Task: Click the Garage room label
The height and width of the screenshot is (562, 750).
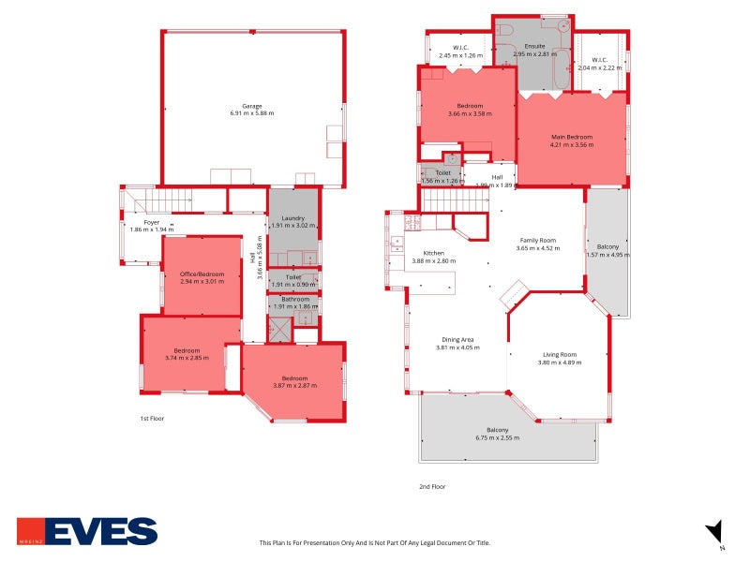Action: pyautogui.click(x=251, y=106)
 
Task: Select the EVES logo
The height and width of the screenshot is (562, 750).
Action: pyautogui.click(x=87, y=531)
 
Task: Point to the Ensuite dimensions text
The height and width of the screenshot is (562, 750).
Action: pyautogui.click(x=534, y=54)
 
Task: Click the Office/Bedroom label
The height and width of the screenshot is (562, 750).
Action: pyautogui.click(x=202, y=274)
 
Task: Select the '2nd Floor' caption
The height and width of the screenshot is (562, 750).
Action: pyautogui.click(x=432, y=486)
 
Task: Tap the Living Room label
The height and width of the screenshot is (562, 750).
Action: pyautogui.click(x=560, y=355)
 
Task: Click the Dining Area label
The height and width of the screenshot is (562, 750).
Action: pyautogui.click(x=457, y=340)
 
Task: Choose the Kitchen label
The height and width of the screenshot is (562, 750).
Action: pyautogui.click(x=433, y=254)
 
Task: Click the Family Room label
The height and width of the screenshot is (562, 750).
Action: pyautogui.click(x=538, y=241)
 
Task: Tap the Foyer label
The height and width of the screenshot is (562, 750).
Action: pyautogui.click(x=151, y=222)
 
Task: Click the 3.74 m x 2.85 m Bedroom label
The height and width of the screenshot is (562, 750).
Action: pyautogui.click(x=187, y=350)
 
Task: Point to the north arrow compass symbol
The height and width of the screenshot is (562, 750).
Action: pyautogui.click(x=714, y=531)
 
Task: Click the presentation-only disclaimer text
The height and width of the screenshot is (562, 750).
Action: pyautogui.click(x=374, y=542)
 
